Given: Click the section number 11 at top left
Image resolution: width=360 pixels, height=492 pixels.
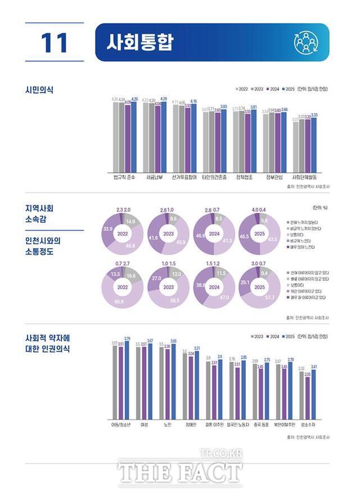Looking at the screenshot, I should [54, 43].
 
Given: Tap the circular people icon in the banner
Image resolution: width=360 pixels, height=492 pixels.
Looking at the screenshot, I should [307, 42].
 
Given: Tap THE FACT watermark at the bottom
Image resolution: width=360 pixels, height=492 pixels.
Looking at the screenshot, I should [179, 472].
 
